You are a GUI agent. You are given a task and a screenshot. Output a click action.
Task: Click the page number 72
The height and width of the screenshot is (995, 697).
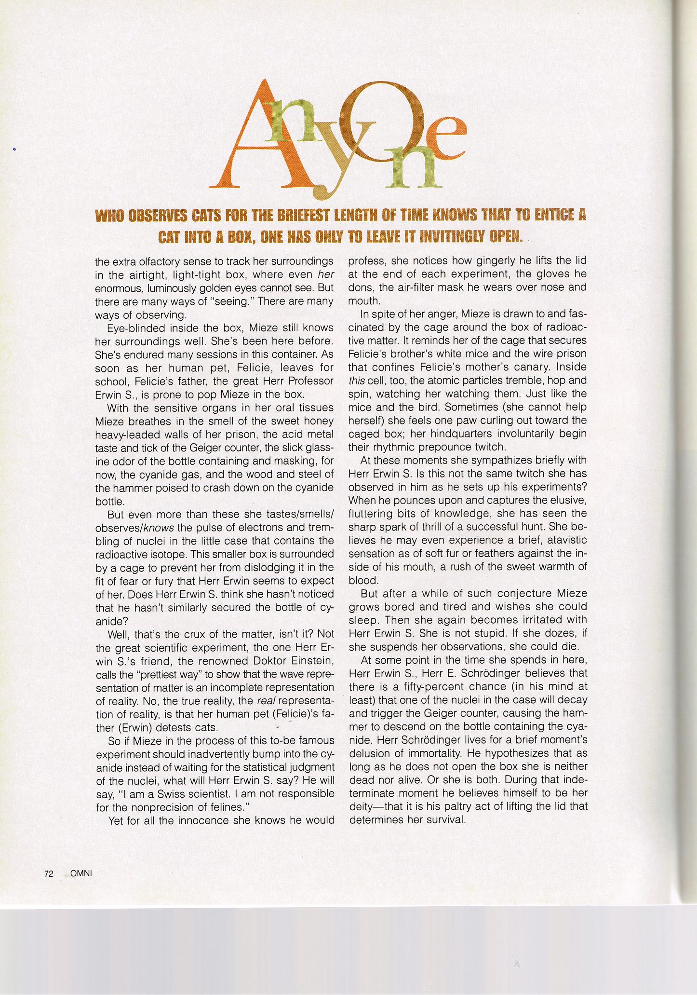coord(48,873)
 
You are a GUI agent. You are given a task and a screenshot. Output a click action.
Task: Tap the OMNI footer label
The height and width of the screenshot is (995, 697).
coord(81,873)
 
